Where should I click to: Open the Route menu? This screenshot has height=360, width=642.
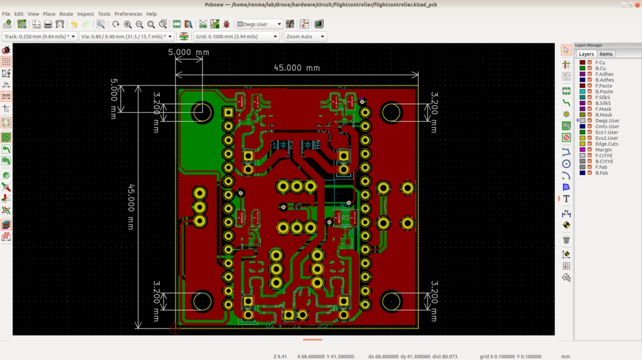pyautogui.click(x=66, y=14)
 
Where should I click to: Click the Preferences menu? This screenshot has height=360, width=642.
pyautogui.click(x=128, y=14)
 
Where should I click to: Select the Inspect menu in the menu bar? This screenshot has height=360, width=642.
pyautogui.click(x=85, y=14)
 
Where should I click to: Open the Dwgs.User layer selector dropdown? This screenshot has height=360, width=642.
pyautogui.click(x=259, y=24)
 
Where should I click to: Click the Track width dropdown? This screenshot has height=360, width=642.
pyautogui.click(x=39, y=36)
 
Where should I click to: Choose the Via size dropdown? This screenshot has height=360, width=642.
pyautogui.click(x=127, y=36)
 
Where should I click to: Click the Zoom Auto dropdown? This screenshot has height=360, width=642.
pyautogui.click(x=305, y=36)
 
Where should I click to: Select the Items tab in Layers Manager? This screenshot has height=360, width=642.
pyautogui.click(x=606, y=54)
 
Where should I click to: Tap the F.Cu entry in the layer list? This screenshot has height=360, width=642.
pyautogui.click(x=600, y=63)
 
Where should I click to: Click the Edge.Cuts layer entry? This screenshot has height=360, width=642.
pyautogui.click(x=606, y=144)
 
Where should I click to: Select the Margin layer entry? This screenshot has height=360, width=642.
pyautogui.click(x=603, y=149)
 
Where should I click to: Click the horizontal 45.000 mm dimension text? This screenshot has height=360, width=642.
pyautogui.click(x=297, y=68)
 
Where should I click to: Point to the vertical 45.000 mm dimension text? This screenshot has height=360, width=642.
pyautogui.click(x=131, y=206)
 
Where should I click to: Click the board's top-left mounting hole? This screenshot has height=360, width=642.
pyautogui.click(x=202, y=112)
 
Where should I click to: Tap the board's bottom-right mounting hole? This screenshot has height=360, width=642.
pyautogui.click(x=392, y=301)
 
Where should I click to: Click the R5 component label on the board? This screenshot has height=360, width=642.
pyautogui.click(x=345, y=218)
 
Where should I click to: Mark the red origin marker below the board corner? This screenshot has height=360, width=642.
pyautogui.click(x=175, y=328)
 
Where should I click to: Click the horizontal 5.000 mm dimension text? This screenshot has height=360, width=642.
pyautogui.click(x=188, y=53)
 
